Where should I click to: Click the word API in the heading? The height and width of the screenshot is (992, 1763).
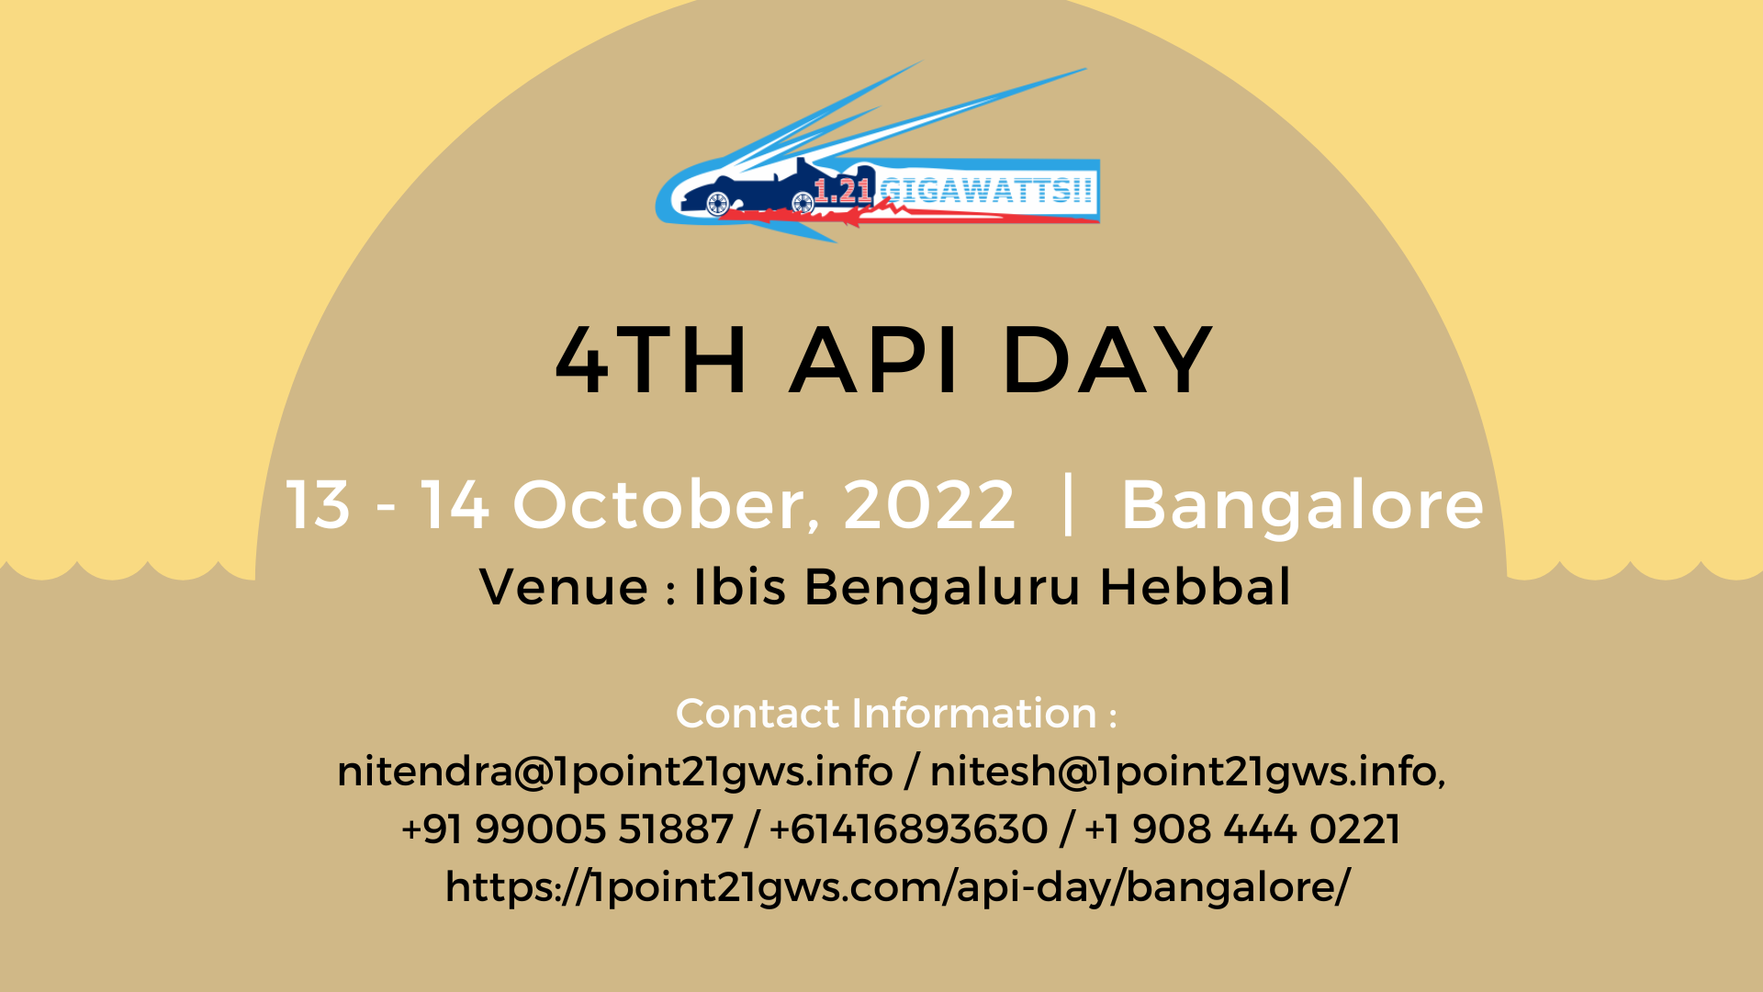click(x=875, y=360)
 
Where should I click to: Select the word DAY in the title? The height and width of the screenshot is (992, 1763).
click(x=1107, y=360)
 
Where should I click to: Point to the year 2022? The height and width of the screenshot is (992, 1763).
click(x=929, y=504)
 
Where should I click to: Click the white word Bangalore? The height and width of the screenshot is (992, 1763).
click(x=1302, y=504)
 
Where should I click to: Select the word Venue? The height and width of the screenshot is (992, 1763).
click(x=564, y=587)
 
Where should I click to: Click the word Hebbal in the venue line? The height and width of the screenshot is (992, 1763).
click(x=1195, y=587)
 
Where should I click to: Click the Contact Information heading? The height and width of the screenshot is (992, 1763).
click(x=896, y=714)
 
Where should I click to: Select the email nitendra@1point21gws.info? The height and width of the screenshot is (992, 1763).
click(x=614, y=772)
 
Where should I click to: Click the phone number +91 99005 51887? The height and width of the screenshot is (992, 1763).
click(x=567, y=829)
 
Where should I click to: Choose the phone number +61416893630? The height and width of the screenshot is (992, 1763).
click(x=908, y=829)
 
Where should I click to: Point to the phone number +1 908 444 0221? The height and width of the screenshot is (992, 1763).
click(x=1242, y=829)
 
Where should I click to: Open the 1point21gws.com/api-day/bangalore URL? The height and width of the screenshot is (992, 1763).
click(x=897, y=887)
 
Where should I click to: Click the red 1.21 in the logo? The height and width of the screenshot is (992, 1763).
click(x=842, y=190)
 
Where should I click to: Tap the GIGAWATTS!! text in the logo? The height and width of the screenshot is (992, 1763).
click(x=986, y=190)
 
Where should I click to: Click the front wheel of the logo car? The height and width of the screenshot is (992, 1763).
click(x=717, y=203)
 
